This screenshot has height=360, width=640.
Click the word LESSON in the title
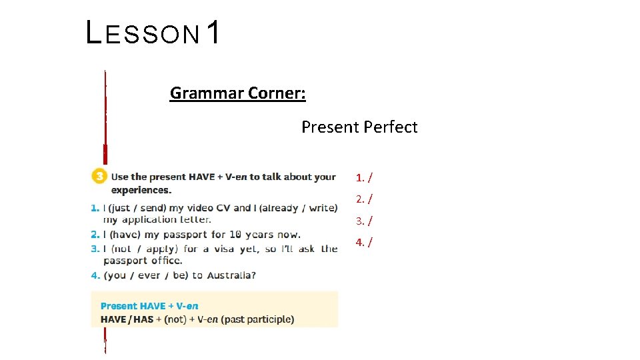point(143,33)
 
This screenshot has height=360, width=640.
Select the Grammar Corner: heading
point(238,93)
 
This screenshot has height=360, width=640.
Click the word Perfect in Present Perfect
point(389,127)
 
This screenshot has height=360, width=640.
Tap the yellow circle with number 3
point(99,177)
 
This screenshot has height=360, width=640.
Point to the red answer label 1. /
point(364,177)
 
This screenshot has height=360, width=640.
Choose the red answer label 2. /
point(364,199)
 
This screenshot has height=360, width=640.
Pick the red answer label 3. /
point(364,220)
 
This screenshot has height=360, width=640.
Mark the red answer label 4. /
point(364,241)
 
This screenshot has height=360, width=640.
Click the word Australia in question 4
point(231,275)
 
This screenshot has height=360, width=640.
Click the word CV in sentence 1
point(222,208)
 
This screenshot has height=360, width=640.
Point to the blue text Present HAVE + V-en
point(149,306)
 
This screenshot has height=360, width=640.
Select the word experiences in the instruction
point(131,190)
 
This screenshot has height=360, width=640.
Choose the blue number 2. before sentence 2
point(95,235)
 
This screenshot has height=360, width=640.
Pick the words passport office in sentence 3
point(142,261)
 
